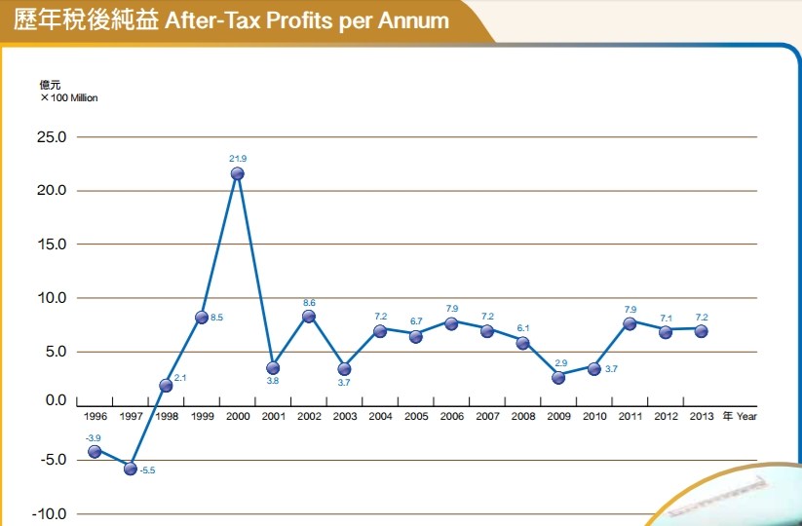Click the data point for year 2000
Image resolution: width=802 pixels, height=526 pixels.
coord(237,173)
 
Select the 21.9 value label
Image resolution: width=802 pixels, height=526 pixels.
coord(237,158)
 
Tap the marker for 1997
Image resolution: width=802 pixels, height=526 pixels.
coord(130,469)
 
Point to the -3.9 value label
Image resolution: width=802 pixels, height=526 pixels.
coord(94,437)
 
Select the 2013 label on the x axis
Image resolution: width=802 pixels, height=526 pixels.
coord(701,416)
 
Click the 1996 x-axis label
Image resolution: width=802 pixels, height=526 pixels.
coord(95,416)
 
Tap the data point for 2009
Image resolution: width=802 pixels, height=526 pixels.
coord(558,377)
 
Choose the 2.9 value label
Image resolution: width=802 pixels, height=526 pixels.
coord(561,362)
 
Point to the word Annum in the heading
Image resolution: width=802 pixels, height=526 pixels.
coord(414,20)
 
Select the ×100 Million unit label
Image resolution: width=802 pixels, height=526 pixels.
coord(69,97)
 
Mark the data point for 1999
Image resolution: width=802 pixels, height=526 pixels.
coord(201,317)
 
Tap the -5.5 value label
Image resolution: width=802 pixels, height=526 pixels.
coord(148,471)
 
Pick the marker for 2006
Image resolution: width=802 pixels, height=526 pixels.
coord(451,323)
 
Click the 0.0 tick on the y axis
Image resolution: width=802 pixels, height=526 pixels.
coord(55,400)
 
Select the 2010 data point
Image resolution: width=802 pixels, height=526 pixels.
coord(593,368)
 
